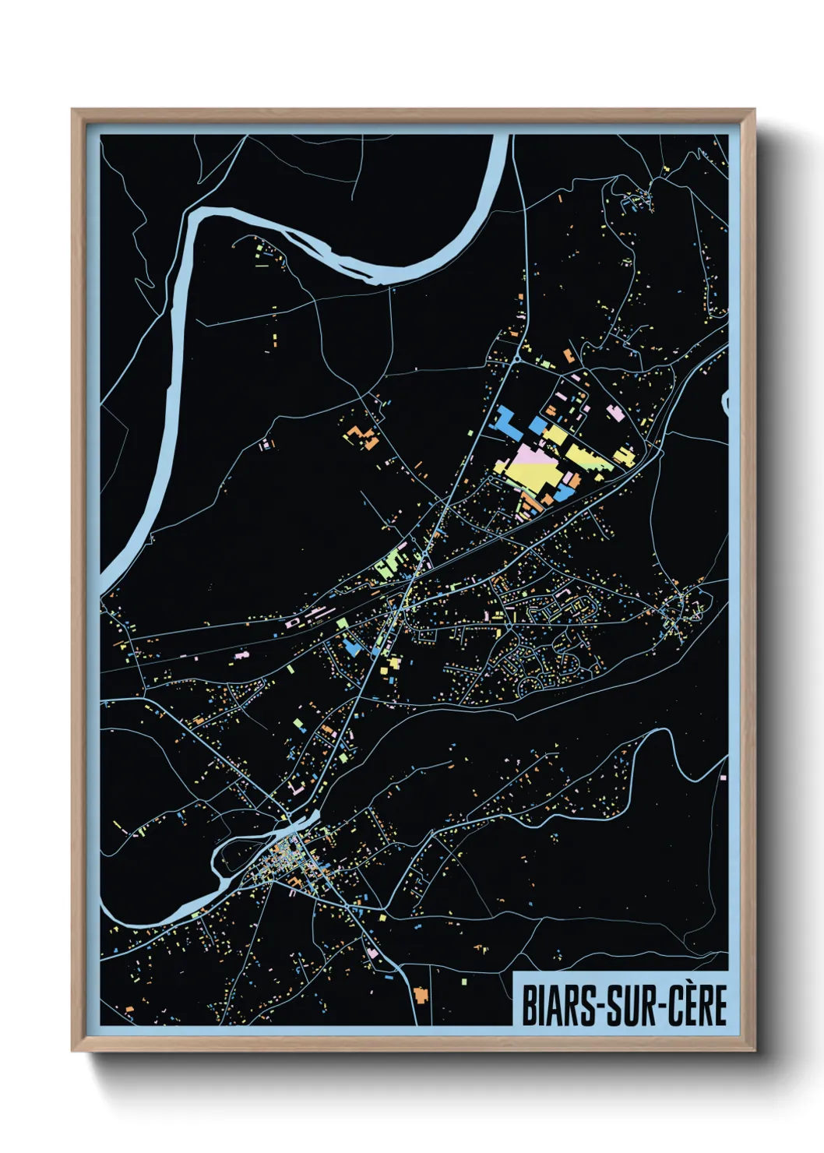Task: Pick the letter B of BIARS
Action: (527, 1006)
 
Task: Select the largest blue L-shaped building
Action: (507, 420)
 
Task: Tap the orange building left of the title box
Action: (421, 995)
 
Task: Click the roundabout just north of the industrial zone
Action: (517, 358)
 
